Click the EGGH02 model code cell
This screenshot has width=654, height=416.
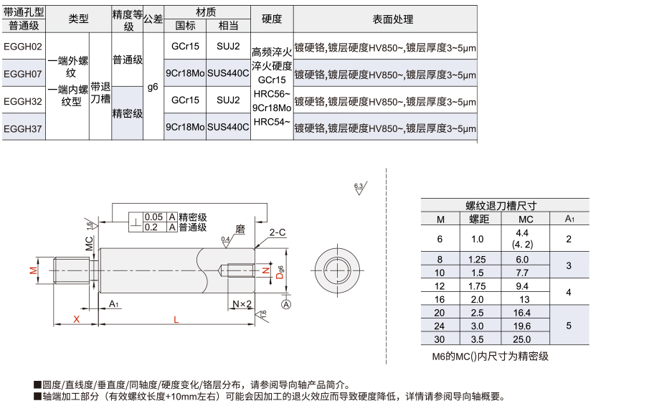(x=23, y=47)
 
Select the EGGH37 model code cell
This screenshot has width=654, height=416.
(x=23, y=129)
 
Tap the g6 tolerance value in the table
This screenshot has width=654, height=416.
(x=153, y=87)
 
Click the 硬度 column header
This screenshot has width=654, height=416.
(x=272, y=19)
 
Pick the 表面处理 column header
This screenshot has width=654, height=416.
(x=393, y=19)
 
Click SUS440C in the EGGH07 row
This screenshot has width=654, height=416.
(x=228, y=73)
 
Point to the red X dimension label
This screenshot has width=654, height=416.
(x=76, y=319)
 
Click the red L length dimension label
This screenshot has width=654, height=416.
(x=176, y=320)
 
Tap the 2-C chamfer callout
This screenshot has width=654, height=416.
(x=278, y=232)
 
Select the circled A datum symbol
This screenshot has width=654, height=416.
(x=286, y=305)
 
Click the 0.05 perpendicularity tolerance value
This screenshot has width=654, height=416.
(x=154, y=217)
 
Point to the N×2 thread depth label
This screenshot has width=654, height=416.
(x=242, y=304)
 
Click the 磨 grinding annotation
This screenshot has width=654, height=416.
(x=240, y=229)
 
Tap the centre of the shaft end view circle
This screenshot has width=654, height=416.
(x=338, y=270)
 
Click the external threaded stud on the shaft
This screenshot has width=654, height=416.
(x=72, y=270)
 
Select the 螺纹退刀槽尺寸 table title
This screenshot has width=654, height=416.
(x=501, y=205)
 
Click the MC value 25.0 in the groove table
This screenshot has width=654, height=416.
(x=522, y=339)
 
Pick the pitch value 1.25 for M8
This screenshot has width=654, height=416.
(x=477, y=260)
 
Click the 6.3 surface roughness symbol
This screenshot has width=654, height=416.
(x=360, y=188)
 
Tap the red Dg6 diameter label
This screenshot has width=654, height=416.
(x=280, y=272)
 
